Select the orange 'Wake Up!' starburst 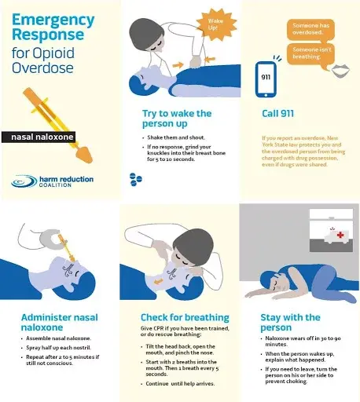tap(211, 22)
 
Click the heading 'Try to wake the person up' tap(176, 118)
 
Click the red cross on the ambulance tap(340, 236)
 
